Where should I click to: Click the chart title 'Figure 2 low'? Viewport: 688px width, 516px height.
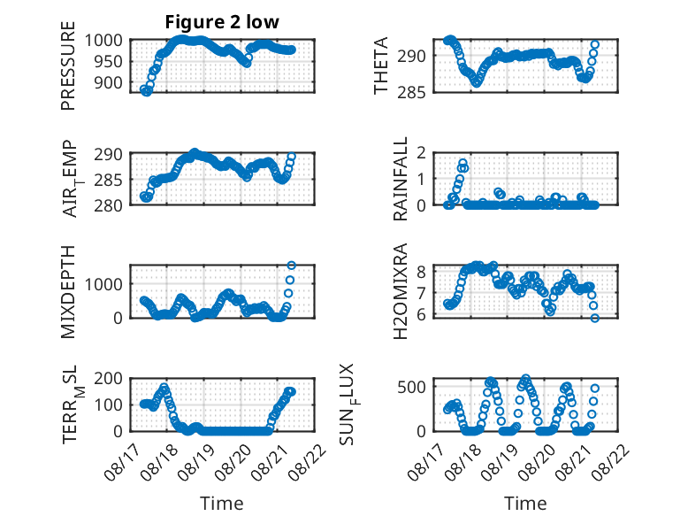222,22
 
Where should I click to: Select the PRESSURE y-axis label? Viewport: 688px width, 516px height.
68,65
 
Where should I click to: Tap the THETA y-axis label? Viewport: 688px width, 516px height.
381,65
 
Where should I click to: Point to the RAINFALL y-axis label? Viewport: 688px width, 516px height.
401,179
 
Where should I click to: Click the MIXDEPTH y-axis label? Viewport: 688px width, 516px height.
68,292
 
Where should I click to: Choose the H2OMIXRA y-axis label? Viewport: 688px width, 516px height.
401,291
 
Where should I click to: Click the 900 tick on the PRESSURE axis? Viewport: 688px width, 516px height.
108,82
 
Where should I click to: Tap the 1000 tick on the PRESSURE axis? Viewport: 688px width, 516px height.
103,41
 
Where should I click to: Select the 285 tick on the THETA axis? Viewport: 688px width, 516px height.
411,92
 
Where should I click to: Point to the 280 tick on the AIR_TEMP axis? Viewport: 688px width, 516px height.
108,205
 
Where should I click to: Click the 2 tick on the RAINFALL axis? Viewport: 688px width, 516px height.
421,153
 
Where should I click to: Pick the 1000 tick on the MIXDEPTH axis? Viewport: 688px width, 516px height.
103,284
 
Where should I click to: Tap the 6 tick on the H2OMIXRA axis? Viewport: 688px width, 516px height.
421,315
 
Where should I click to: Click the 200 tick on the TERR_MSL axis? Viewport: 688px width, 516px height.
108,378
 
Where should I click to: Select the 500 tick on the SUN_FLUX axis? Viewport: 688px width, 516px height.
411,387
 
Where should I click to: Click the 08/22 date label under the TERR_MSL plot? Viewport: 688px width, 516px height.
308,461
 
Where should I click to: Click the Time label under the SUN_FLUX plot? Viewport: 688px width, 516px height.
525,504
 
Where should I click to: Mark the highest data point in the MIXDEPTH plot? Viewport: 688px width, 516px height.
291,266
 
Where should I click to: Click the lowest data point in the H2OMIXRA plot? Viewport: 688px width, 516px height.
594,318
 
